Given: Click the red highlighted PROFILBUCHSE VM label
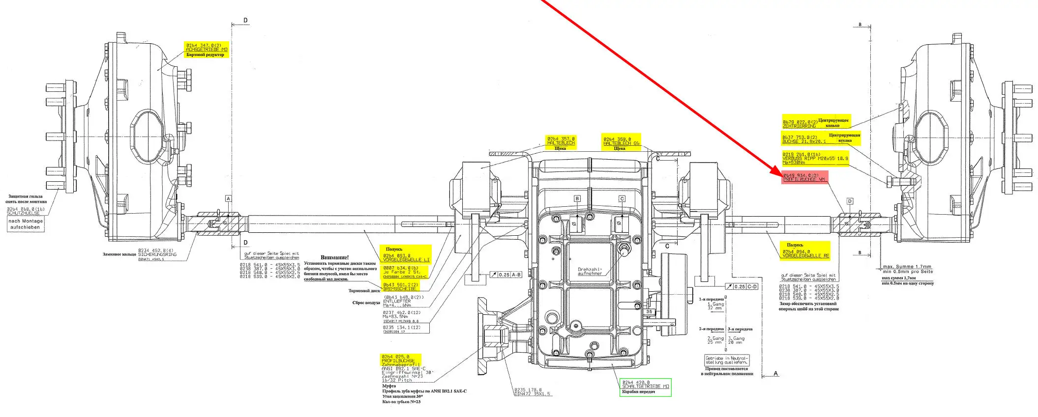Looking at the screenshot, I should (x=804, y=177).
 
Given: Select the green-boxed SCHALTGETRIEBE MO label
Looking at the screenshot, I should (x=645, y=387).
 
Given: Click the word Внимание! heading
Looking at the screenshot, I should (x=334, y=257).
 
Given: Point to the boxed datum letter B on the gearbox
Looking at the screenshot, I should (x=577, y=199).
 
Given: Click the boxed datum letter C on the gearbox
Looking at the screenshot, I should (x=622, y=199).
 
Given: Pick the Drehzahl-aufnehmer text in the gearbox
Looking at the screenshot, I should (x=590, y=272).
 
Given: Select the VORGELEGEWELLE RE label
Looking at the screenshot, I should (x=805, y=256).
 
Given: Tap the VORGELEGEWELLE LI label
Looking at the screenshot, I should (x=406, y=259).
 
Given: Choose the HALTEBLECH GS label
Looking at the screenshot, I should (x=622, y=143).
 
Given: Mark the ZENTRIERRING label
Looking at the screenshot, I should (x=799, y=126).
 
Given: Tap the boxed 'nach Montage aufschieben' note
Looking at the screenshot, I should (x=27, y=224).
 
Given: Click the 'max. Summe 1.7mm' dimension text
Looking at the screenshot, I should (x=907, y=267).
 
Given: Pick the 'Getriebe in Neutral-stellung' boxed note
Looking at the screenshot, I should (x=727, y=360).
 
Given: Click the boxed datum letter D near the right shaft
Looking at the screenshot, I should (x=850, y=201).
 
